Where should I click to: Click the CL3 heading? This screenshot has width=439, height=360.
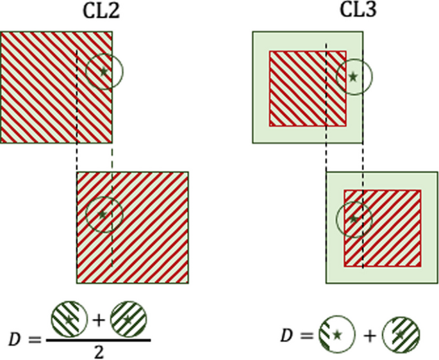(x=359, y=12)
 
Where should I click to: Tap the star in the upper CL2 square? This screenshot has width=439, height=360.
(x=104, y=71)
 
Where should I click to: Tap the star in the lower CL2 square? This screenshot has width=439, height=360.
(x=102, y=215)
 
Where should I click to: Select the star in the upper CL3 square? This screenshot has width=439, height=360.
(x=353, y=77)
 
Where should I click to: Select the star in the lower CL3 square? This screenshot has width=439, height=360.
(x=354, y=219)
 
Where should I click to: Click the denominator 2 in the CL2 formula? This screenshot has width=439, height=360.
(x=98, y=352)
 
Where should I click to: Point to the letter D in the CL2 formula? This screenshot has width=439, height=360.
(x=16, y=339)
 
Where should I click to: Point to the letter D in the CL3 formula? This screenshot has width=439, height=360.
(x=288, y=336)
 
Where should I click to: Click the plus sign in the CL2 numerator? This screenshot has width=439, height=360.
(x=99, y=320)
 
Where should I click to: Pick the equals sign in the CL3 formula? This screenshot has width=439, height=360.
(x=307, y=336)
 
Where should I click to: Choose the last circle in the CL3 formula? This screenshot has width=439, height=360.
(x=401, y=334)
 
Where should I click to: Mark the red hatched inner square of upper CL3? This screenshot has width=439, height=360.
(x=308, y=88)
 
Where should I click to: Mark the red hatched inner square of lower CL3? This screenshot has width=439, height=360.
(x=383, y=228)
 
